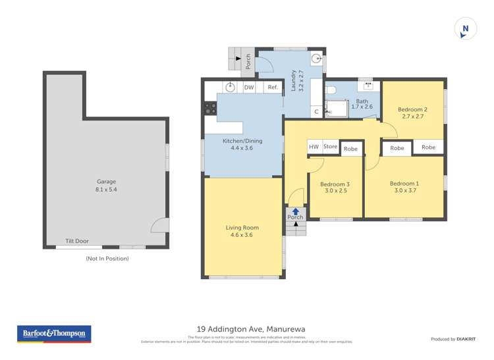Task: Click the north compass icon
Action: point(466,29)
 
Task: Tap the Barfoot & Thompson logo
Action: point(55,334)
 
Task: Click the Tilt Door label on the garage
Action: point(76,241)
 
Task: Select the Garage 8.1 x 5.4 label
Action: point(107,186)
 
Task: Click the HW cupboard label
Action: point(314,147)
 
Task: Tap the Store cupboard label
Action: point(330,147)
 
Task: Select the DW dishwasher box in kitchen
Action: point(249,88)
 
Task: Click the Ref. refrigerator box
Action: point(272,88)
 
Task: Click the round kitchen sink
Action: point(230,88)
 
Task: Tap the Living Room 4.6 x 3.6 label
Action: point(242,231)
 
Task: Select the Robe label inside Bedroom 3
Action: point(350,149)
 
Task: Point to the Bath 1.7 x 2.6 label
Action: point(362,103)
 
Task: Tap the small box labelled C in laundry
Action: point(316,112)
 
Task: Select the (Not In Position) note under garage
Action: point(107,259)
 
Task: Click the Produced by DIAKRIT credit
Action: point(455,339)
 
